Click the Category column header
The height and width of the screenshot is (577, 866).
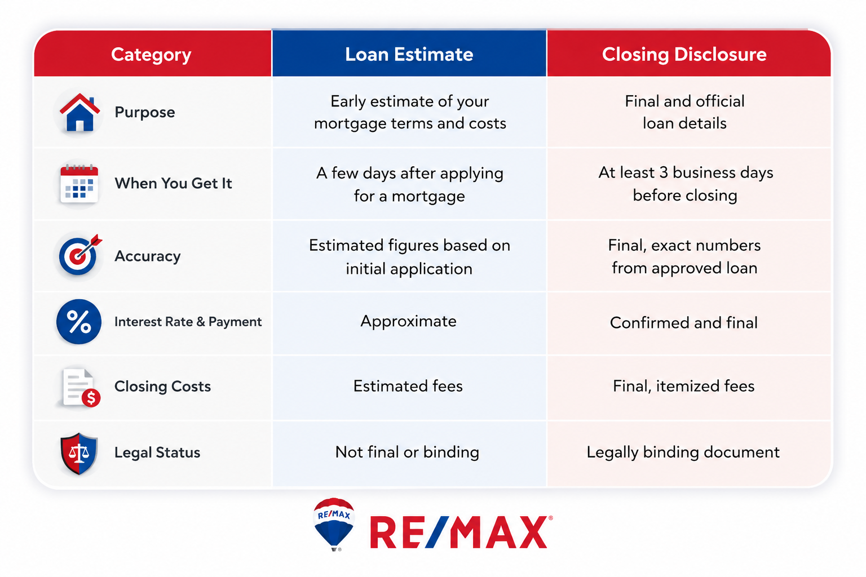(151, 55)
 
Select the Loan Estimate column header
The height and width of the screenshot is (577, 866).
(409, 54)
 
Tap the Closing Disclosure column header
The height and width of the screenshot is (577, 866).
(684, 55)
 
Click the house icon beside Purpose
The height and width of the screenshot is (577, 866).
(79, 113)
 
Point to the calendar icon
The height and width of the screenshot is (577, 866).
(79, 184)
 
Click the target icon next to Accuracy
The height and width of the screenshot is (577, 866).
(79, 255)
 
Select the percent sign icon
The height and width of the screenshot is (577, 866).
(79, 322)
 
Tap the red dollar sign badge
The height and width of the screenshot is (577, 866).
(91, 397)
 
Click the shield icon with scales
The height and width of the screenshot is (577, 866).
(79, 454)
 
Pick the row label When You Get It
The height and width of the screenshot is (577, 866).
(173, 183)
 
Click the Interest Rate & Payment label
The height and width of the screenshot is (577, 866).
(188, 322)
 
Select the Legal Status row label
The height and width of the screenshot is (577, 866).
(157, 452)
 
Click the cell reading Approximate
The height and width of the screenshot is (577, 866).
(408, 322)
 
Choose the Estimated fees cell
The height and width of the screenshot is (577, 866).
(408, 386)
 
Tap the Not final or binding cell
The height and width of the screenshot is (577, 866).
(407, 452)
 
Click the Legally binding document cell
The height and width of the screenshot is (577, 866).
(683, 452)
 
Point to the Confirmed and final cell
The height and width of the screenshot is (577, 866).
(683, 323)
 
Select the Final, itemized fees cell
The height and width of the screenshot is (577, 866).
(683, 386)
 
